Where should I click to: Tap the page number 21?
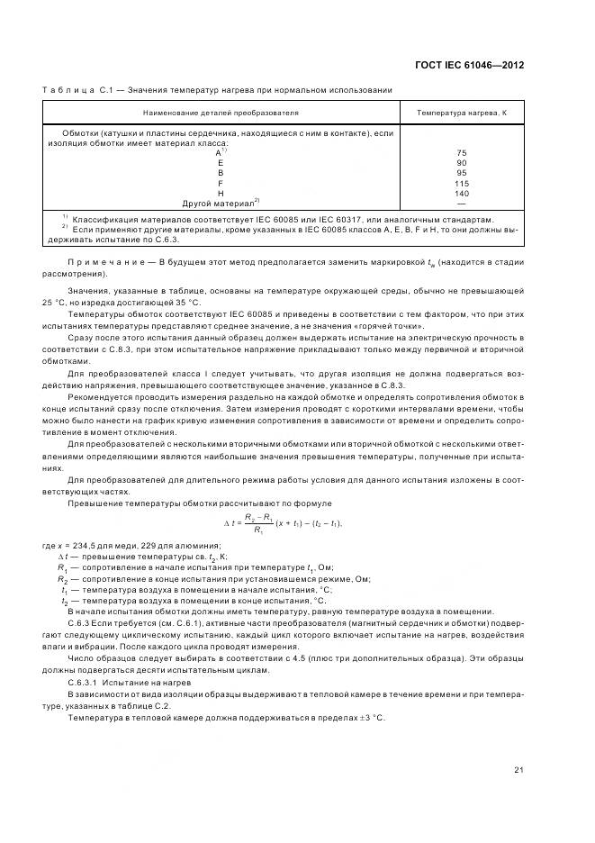518,769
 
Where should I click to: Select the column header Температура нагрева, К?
462,113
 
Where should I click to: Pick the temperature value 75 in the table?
462,153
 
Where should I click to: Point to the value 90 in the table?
462,163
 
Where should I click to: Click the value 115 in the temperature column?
462,183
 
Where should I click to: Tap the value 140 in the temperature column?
462,193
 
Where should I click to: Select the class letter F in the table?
220,183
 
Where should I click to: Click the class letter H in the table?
220,193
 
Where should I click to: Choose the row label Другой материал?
218,203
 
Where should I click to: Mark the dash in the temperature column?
462,203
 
